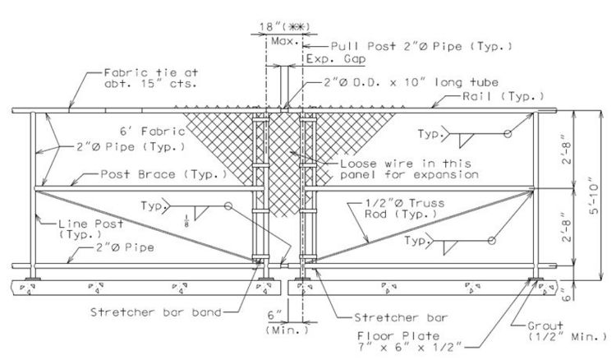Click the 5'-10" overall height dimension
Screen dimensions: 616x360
[594, 199]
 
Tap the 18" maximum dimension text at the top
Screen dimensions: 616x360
[284, 27]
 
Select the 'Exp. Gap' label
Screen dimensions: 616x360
[336, 59]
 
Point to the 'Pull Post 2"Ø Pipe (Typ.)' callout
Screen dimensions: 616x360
[421, 46]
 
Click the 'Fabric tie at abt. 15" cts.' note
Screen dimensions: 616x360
[151, 78]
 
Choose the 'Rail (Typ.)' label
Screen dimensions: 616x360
[503, 96]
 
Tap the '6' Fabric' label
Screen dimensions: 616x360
[153, 131]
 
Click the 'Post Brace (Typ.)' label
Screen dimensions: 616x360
[163, 174]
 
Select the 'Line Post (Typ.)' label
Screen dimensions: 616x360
[90, 229]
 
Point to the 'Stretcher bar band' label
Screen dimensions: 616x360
[156, 312]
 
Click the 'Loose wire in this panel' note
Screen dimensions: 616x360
[409, 169]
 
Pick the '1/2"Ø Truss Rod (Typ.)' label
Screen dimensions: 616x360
[405, 208]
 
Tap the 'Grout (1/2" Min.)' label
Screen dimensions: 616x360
[568, 331]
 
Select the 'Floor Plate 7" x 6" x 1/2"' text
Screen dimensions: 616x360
[409, 342]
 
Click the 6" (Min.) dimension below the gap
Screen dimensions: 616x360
[287, 322]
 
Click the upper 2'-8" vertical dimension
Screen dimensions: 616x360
[567, 150]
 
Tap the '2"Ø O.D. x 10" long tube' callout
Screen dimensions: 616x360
[411, 82]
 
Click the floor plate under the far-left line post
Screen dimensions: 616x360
[33, 279]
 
